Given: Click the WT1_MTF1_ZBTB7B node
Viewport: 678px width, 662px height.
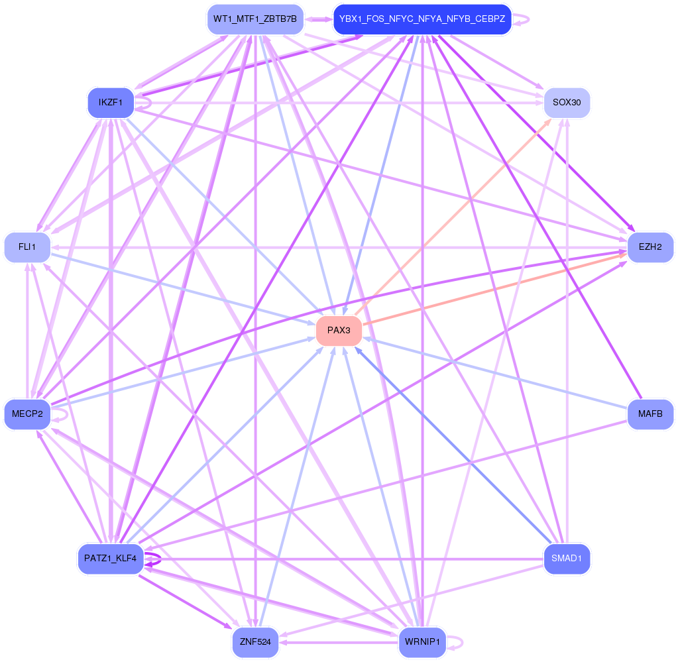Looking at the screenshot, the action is [256, 19].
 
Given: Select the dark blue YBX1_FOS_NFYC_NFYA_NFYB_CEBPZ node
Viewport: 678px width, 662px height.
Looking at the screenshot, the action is [422, 19].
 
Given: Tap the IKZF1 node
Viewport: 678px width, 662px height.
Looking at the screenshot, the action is [111, 103].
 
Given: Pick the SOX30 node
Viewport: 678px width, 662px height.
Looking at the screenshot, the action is [567, 103].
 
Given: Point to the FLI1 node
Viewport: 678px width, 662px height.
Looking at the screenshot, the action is [27, 247].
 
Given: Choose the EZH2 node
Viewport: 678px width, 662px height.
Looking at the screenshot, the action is [650, 247].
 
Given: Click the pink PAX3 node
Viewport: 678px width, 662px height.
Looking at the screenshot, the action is [339, 331].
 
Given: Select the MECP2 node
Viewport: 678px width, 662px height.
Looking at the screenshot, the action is [27, 414].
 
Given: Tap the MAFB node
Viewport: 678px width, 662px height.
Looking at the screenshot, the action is [650, 414].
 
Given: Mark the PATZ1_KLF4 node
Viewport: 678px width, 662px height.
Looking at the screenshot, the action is [111, 559].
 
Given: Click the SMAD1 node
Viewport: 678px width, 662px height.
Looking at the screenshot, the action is [567, 559].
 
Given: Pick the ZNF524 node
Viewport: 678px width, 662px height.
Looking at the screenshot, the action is [256, 642].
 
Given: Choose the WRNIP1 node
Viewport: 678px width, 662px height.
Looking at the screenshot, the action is [422, 642].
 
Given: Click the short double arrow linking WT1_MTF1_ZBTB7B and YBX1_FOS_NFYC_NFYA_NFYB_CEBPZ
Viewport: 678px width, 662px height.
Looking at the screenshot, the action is [319, 19].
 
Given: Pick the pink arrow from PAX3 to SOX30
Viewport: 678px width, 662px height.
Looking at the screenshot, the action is [453, 217].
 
